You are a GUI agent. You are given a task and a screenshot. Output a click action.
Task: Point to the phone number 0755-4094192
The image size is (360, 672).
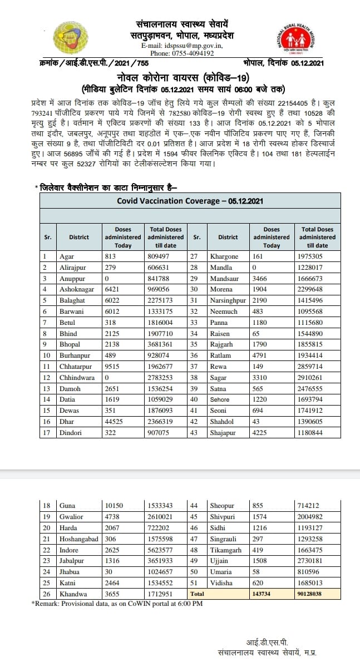[190, 53]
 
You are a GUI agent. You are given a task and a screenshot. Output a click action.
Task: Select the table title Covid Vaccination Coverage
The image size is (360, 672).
[190, 201]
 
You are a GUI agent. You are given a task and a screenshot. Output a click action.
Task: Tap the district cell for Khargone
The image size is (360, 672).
[224, 256]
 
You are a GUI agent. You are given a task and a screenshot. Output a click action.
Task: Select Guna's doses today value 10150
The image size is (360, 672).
[116, 506]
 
